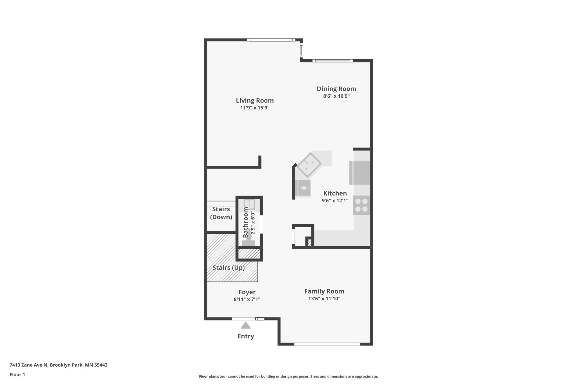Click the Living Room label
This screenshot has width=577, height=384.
pos(255,100)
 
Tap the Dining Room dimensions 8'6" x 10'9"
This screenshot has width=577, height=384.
pos(336,96)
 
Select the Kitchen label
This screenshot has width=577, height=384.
pos(335,193)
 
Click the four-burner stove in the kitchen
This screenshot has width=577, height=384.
pos(361,205)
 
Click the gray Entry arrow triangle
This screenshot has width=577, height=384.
pos(246,325)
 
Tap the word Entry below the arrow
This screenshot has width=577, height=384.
pos(246,336)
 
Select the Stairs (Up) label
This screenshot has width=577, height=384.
pos(228,268)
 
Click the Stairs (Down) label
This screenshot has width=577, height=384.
pos(221,213)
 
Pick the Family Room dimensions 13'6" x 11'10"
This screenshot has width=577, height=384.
pos(324,298)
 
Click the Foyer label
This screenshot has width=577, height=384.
pos(247,292)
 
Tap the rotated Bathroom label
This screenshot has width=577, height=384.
pos(246,222)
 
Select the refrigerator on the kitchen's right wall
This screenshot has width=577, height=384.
pos(360,173)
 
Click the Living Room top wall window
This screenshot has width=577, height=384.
pos(271,40)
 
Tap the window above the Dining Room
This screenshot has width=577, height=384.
pos(332,61)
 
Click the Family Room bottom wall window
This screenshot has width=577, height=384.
pos(327,344)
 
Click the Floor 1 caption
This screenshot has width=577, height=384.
pos(17,374)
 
